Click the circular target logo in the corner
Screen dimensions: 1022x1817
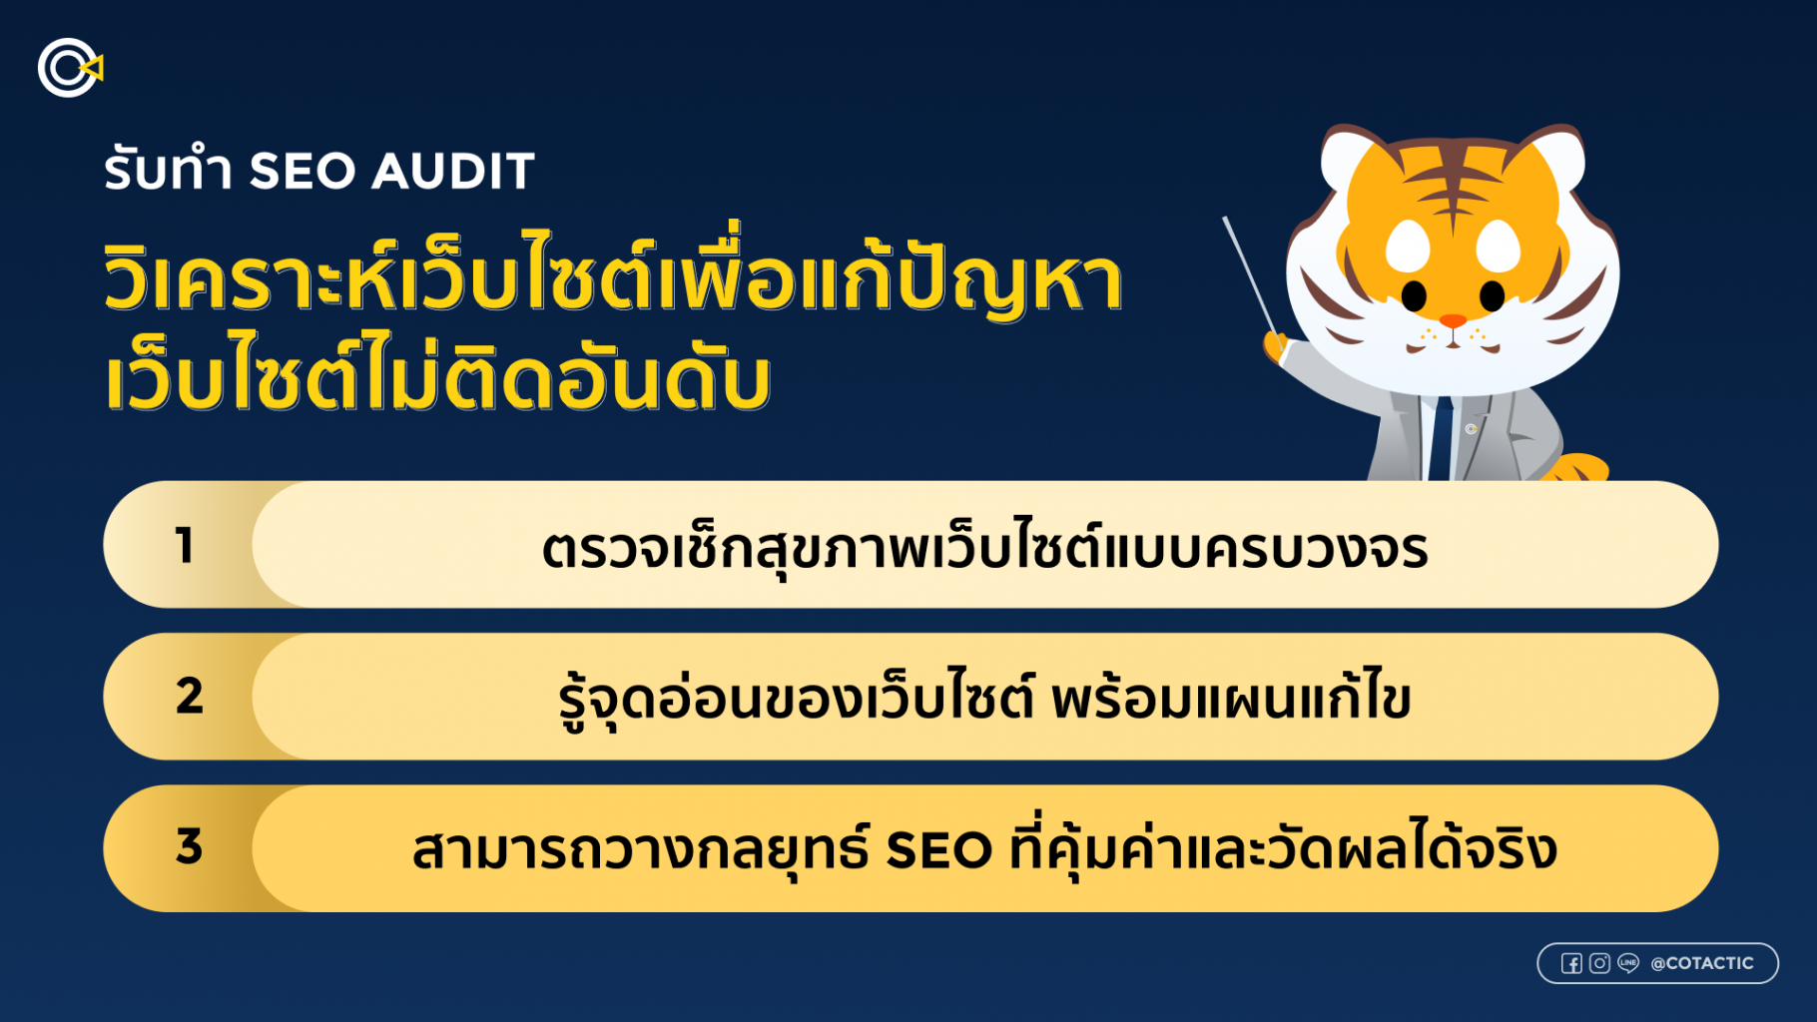tap(69, 68)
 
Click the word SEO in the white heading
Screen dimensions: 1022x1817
tap(303, 171)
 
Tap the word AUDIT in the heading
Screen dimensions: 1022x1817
tap(454, 171)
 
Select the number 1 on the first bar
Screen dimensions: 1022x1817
tap(185, 546)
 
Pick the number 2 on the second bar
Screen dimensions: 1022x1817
tap(189, 696)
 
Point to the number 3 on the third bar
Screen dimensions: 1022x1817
tap(189, 846)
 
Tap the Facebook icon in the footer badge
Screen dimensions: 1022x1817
tap(1571, 963)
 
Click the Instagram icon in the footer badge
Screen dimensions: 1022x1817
tap(1599, 963)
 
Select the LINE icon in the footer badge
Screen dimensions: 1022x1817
tap(1628, 963)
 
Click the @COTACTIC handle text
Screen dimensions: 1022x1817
tap(1702, 963)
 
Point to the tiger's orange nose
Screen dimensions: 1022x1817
tap(1453, 321)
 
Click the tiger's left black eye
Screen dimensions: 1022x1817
tap(1414, 295)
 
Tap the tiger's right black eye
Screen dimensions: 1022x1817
tap(1492, 295)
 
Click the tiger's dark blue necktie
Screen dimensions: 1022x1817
tap(1441, 439)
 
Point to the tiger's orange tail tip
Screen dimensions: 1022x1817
tap(1581, 467)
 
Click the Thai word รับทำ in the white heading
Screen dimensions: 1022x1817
tap(168, 170)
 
